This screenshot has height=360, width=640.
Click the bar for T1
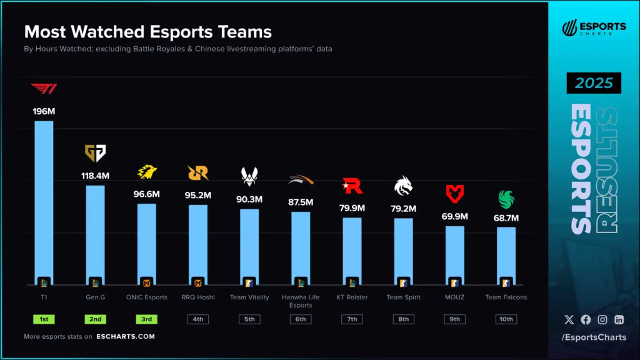pos(44,200)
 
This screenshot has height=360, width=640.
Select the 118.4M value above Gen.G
pos(95,176)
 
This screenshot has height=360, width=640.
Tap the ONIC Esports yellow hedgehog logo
pos(147,172)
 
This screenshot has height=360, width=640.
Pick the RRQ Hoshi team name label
pos(198,297)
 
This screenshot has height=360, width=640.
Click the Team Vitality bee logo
pos(249,176)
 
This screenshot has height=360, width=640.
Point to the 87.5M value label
pos(301,202)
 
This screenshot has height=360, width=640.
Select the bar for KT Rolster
pos(352,250)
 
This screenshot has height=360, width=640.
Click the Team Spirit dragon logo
pos(403,185)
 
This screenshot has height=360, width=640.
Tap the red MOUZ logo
pos(454,194)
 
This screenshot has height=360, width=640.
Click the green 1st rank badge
pos(44,319)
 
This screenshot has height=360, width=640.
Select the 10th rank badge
pos(506,319)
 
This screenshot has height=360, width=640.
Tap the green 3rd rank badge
pos(147,319)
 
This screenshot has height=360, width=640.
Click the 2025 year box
pos(594,83)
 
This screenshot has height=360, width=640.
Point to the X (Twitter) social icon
pos(569,319)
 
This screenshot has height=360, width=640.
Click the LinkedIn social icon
pos(619,319)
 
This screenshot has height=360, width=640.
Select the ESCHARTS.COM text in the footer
pos(126,336)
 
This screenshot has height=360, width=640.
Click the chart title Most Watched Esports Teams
pos(147,31)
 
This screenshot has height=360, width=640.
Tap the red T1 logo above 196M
pos(44,89)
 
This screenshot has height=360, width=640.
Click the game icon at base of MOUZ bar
pos(454,282)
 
